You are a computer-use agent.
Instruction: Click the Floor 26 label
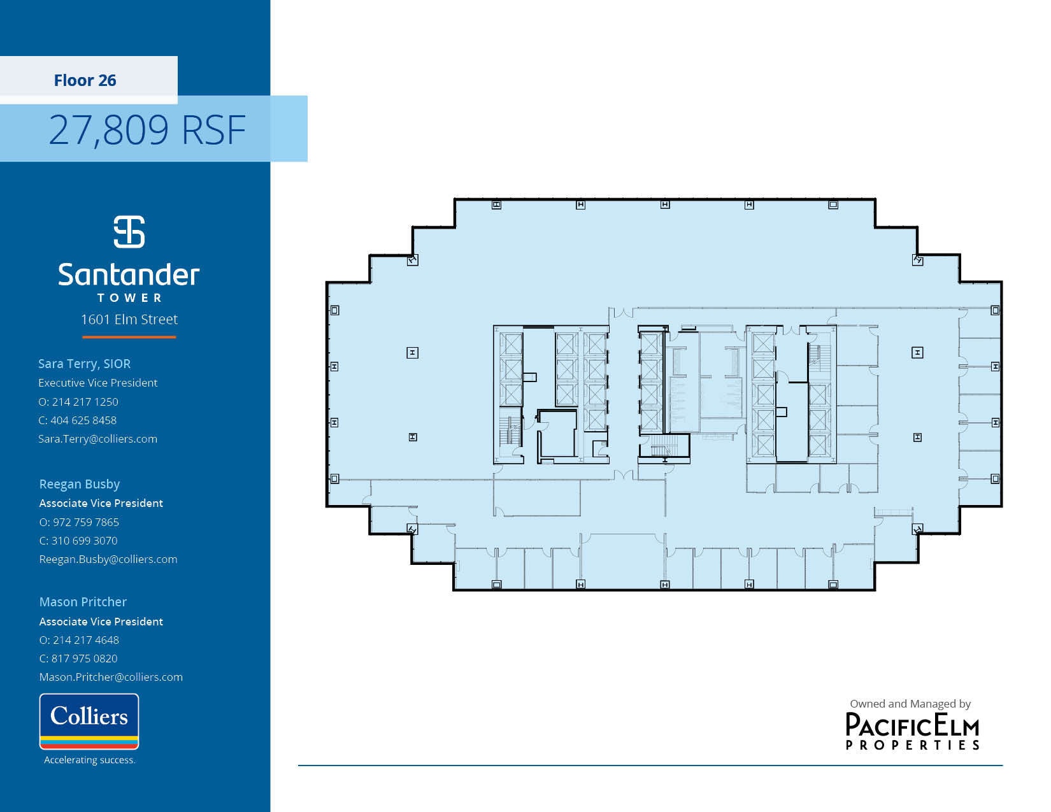click(x=85, y=80)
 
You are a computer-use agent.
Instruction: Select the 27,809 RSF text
click(x=147, y=129)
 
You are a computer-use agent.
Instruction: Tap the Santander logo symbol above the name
click(x=129, y=232)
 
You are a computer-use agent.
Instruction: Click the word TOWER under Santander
click(x=129, y=297)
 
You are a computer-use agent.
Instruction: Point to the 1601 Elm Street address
click(x=129, y=320)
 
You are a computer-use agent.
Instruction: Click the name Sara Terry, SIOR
click(x=84, y=364)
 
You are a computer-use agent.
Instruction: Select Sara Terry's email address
click(x=97, y=439)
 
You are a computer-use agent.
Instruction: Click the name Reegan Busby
click(x=80, y=484)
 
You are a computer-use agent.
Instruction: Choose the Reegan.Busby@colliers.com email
click(x=108, y=559)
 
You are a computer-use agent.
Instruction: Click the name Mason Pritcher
click(x=83, y=602)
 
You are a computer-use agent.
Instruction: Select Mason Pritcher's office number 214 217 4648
click(x=85, y=640)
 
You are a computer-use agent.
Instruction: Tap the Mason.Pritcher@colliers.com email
click(x=111, y=677)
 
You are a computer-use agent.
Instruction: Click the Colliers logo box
click(x=89, y=721)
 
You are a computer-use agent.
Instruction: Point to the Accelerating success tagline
click(x=89, y=760)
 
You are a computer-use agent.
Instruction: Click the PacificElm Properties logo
click(x=912, y=731)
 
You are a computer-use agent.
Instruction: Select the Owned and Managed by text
click(x=910, y=704)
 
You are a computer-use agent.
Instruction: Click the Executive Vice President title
click(x=97, y=383)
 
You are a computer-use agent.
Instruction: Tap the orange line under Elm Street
click(x=129, y=337)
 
